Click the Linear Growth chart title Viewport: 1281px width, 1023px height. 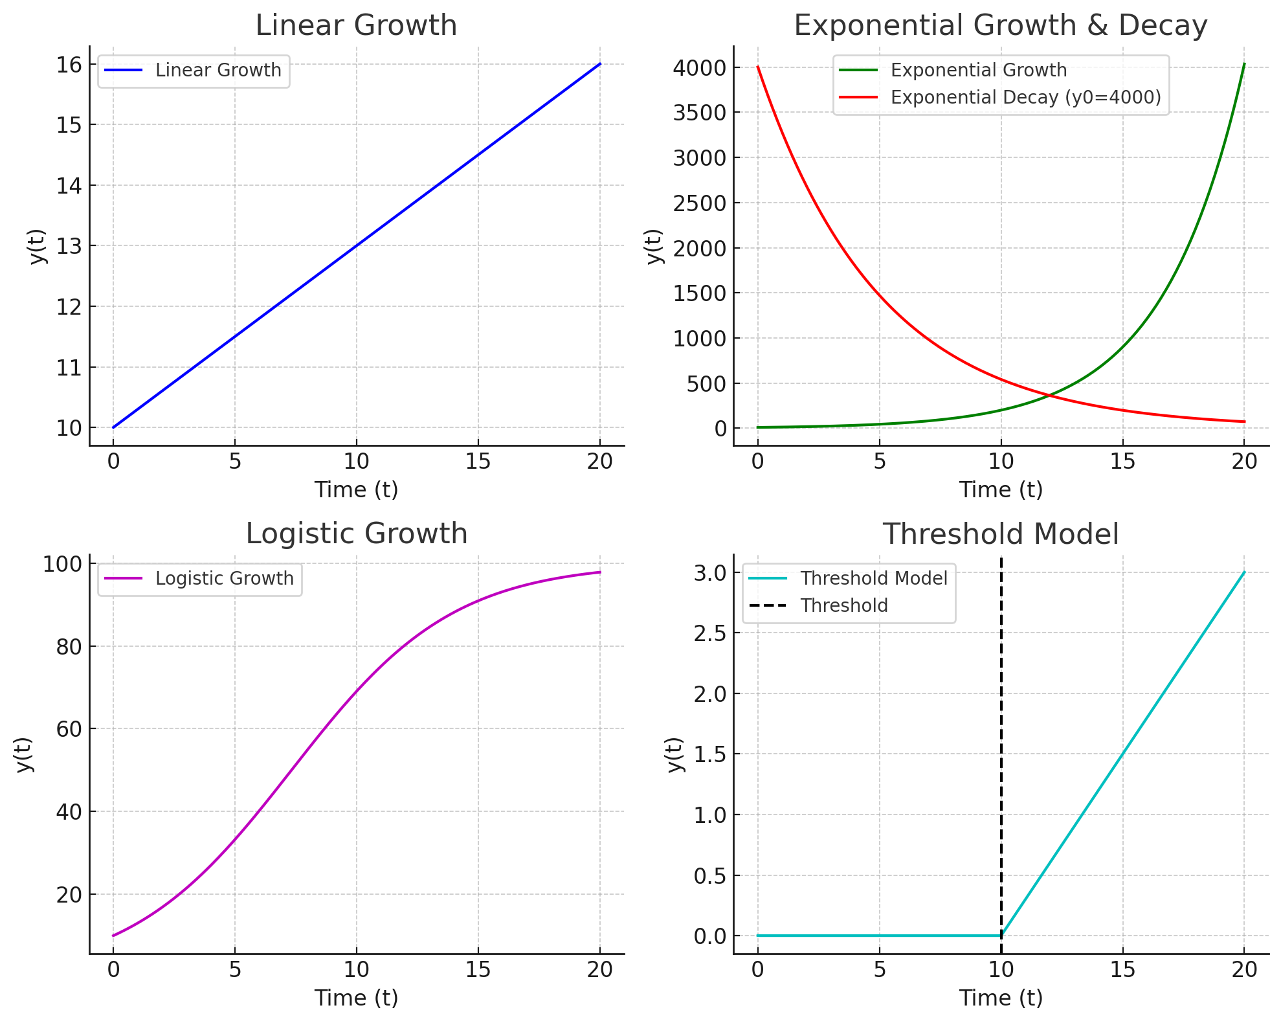coord(356,26)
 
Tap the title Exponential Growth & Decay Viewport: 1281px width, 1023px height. coord(1000,26)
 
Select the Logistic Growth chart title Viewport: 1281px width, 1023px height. coord(356,534)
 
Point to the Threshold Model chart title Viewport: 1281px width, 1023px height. coord(1000,535)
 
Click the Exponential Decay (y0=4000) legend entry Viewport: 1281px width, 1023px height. coord(1025,97)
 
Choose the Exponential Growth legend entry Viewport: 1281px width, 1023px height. coord(978,70)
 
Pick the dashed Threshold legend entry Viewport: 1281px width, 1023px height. coord(843,605)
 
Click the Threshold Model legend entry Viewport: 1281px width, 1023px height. coord(873,578)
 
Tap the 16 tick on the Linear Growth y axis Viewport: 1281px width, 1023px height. coord(69,65)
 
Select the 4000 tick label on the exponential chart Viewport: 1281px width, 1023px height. coord(699,68)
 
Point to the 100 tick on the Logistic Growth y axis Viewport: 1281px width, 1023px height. coord(63,564)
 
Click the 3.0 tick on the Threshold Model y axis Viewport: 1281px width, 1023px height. coord(710,573)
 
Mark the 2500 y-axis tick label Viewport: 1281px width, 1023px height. coord(699,203)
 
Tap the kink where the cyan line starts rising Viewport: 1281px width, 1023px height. coord(1001,936)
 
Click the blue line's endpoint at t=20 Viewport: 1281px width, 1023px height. coord(600,64)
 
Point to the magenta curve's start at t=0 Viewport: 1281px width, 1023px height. coord(113,936)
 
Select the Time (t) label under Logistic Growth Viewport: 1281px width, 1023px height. coord(356,998)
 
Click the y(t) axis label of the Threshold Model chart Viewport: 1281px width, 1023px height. coord(674,754)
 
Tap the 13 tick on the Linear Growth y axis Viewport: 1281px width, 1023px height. coord(69,247)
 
